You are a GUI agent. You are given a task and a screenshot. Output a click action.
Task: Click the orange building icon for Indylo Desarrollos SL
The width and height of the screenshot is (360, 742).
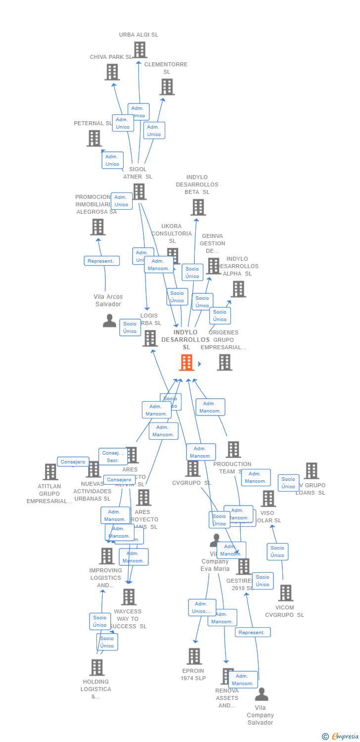point(186,363)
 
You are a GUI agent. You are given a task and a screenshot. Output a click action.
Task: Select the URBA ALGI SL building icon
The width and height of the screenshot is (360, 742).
point(140,50)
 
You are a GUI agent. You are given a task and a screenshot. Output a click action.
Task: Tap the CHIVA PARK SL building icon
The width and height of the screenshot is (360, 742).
point(112,72)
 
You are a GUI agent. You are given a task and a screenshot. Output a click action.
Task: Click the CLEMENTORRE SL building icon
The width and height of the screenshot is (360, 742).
point(167,87)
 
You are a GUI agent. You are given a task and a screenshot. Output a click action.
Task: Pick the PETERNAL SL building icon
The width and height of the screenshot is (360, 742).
point(94,139)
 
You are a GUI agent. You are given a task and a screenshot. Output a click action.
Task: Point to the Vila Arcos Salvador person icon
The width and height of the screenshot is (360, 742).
point(109,321)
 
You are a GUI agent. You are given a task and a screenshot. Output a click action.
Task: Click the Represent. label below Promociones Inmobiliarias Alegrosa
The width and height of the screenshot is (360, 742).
point(101,261)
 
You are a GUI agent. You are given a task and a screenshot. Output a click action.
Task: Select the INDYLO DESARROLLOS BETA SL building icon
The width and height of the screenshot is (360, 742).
point(198,207)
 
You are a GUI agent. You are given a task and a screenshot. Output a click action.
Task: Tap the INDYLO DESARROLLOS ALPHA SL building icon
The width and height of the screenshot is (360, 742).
point(238,289)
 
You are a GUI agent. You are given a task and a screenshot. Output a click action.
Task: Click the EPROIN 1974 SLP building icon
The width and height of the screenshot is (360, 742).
point(194,656)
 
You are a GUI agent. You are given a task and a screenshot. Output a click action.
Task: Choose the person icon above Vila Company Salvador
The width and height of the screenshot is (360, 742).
point(262,695)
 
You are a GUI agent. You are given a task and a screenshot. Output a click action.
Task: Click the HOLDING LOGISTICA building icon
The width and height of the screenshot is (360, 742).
point(97,667)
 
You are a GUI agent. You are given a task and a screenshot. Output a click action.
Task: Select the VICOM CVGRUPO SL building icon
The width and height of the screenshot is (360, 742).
point(285,593)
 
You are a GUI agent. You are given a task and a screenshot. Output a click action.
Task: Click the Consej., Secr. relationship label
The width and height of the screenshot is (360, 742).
point(113,456)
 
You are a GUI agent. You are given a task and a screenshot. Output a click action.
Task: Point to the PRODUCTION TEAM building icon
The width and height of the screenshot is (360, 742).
point(233,450)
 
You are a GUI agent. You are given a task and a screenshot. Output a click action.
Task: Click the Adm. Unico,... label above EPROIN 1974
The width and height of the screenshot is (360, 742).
point(202,607)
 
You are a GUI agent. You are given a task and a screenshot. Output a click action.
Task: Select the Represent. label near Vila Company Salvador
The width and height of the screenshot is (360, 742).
point(252,632)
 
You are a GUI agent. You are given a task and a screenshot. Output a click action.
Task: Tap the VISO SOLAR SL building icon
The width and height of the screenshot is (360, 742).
point(268,499)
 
